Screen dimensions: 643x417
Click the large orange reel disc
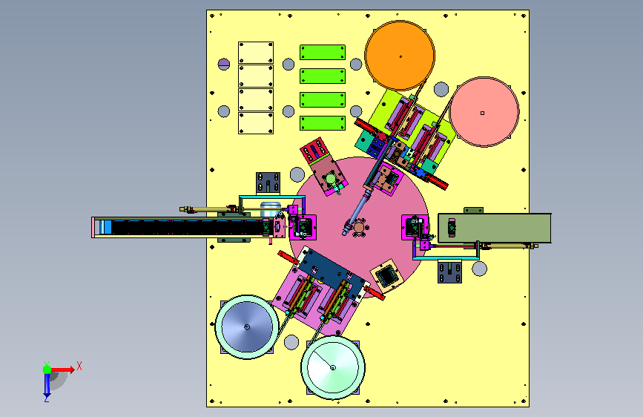400,56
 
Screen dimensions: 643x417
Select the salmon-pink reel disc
484,111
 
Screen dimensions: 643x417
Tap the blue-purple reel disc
247,326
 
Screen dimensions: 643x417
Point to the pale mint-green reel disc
332,367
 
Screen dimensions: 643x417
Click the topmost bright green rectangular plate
323,53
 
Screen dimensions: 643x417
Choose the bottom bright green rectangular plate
323,123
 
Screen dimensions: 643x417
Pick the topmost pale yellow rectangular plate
256,53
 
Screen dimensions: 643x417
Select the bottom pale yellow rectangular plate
256,123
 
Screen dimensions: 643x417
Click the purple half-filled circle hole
224,64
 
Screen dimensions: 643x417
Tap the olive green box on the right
495,228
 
